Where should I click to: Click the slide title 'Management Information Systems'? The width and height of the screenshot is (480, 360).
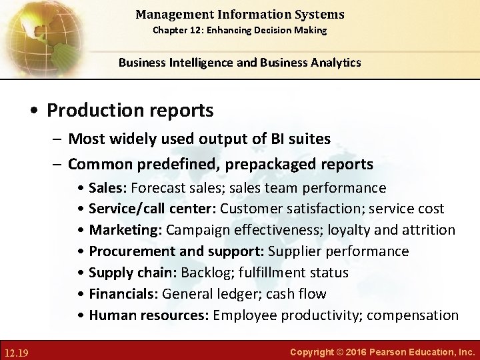pyautogui.click(x=240, y=14)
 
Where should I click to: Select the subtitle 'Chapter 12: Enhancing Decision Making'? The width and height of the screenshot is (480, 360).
pyautogui.click(x=240, y=30)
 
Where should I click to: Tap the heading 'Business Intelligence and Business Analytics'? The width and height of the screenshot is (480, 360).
pyautogui.click(x=240, y=63)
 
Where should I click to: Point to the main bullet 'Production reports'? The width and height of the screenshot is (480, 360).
pyautogui.click(x=130, y=110)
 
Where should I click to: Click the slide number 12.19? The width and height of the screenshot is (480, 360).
pyautogui.click(x=17, y=351)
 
